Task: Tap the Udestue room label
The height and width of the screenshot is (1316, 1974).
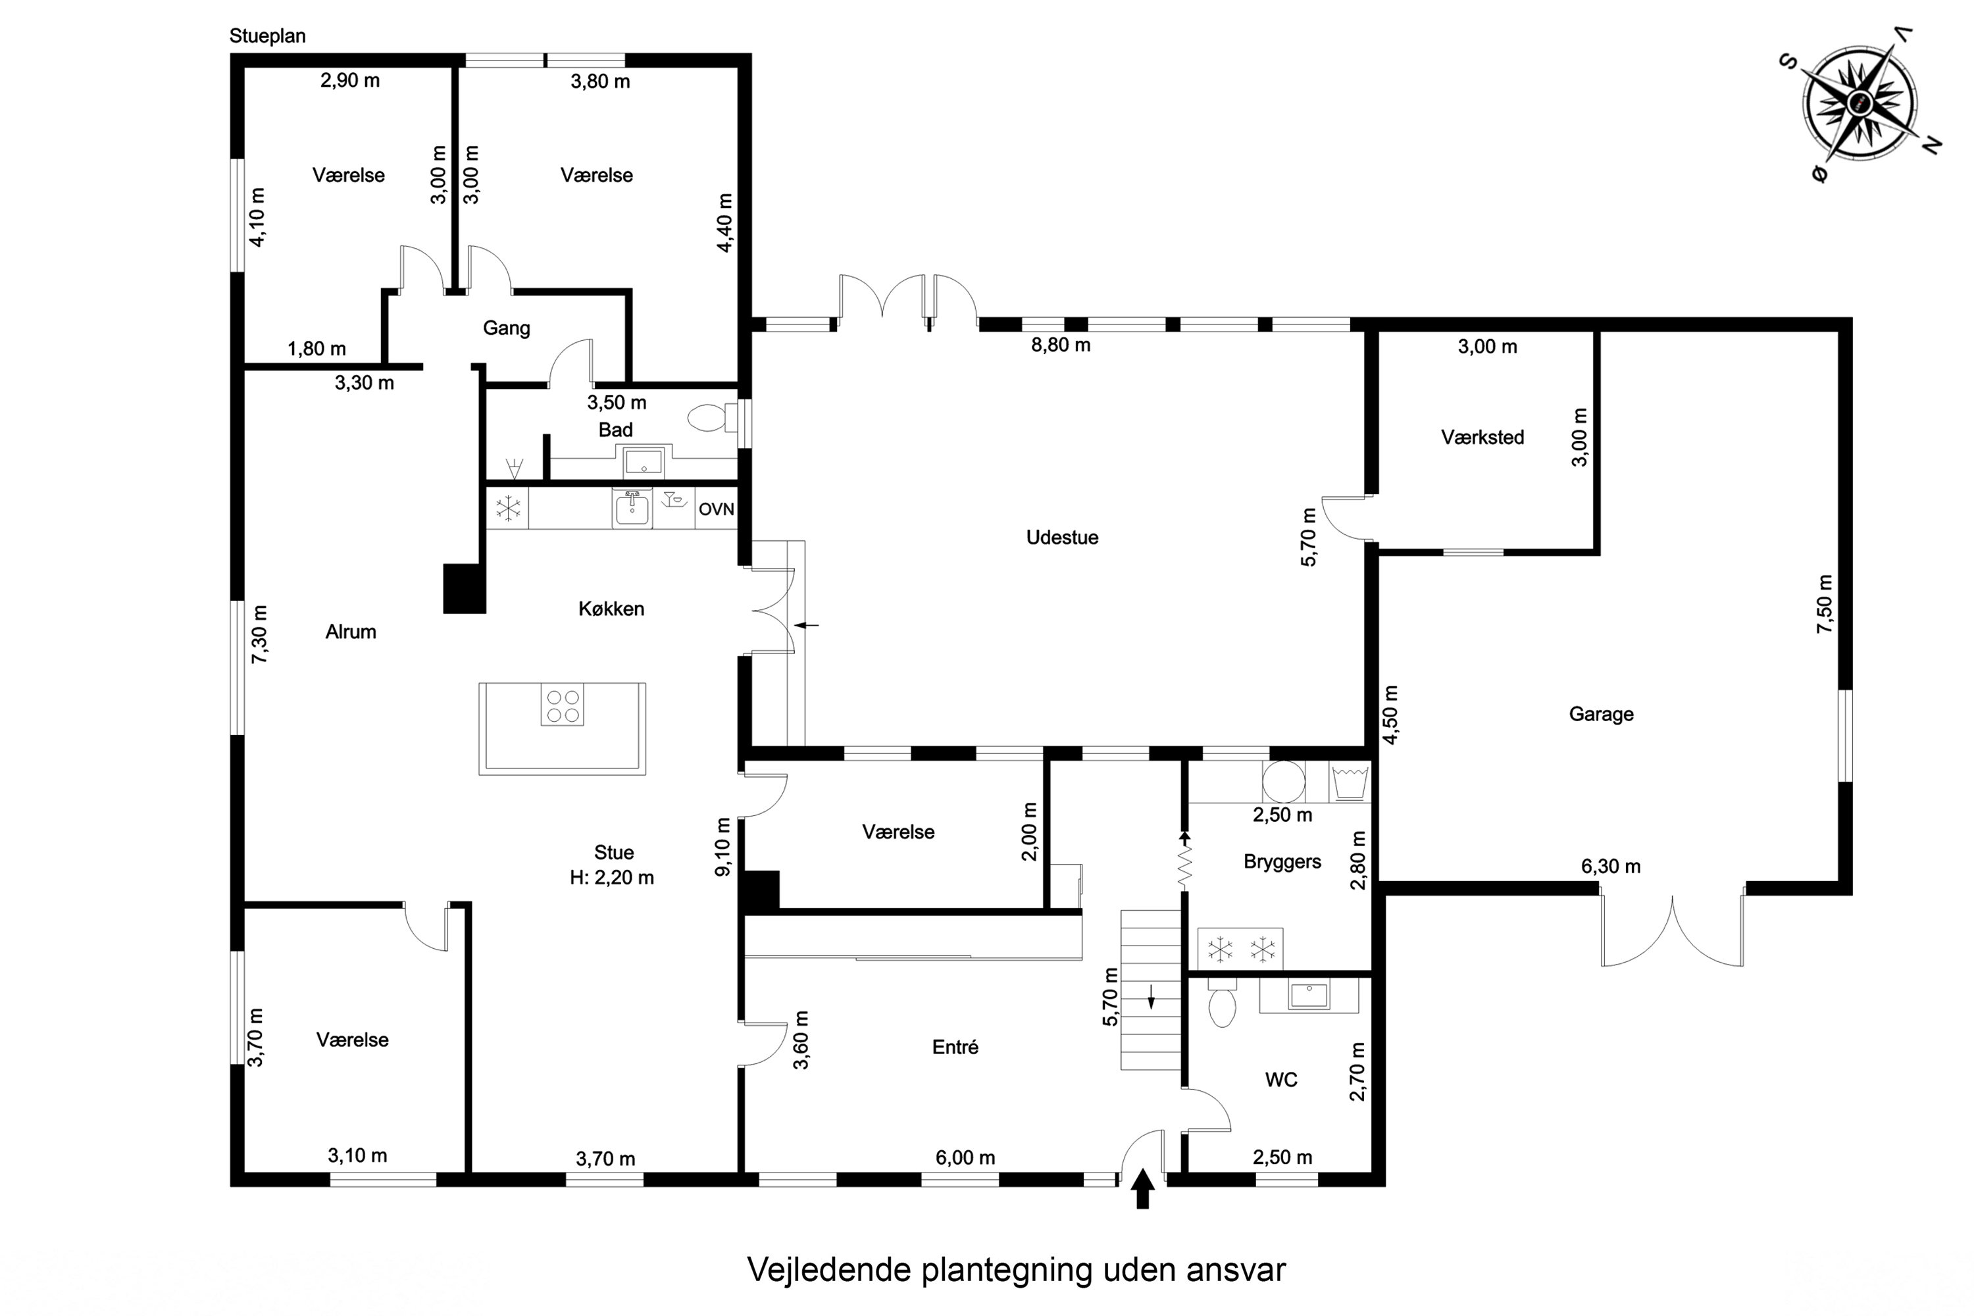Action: tap(1062, 537)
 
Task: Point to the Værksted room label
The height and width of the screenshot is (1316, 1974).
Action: tap(1482, 438)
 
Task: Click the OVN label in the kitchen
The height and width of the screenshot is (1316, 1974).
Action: tap(716, 509)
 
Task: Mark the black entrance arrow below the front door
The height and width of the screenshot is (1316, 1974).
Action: tap(1142, 1190)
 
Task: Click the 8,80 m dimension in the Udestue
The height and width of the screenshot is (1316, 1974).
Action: tap(1061, 345)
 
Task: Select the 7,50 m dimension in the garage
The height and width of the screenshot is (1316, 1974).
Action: tap(1825, 603)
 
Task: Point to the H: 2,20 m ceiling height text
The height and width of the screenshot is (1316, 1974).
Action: tap(612, 878)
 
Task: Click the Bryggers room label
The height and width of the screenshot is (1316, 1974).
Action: tap(1282, 862)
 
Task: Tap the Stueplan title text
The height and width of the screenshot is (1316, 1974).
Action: tap(267, 36)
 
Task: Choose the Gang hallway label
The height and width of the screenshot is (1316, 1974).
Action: tap(506, 328)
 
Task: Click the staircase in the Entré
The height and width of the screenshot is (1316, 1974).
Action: tap(1151, 990)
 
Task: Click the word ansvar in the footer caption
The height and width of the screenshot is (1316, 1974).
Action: tap(1236, 1270)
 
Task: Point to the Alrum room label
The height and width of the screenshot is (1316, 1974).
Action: tap(351, 632)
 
